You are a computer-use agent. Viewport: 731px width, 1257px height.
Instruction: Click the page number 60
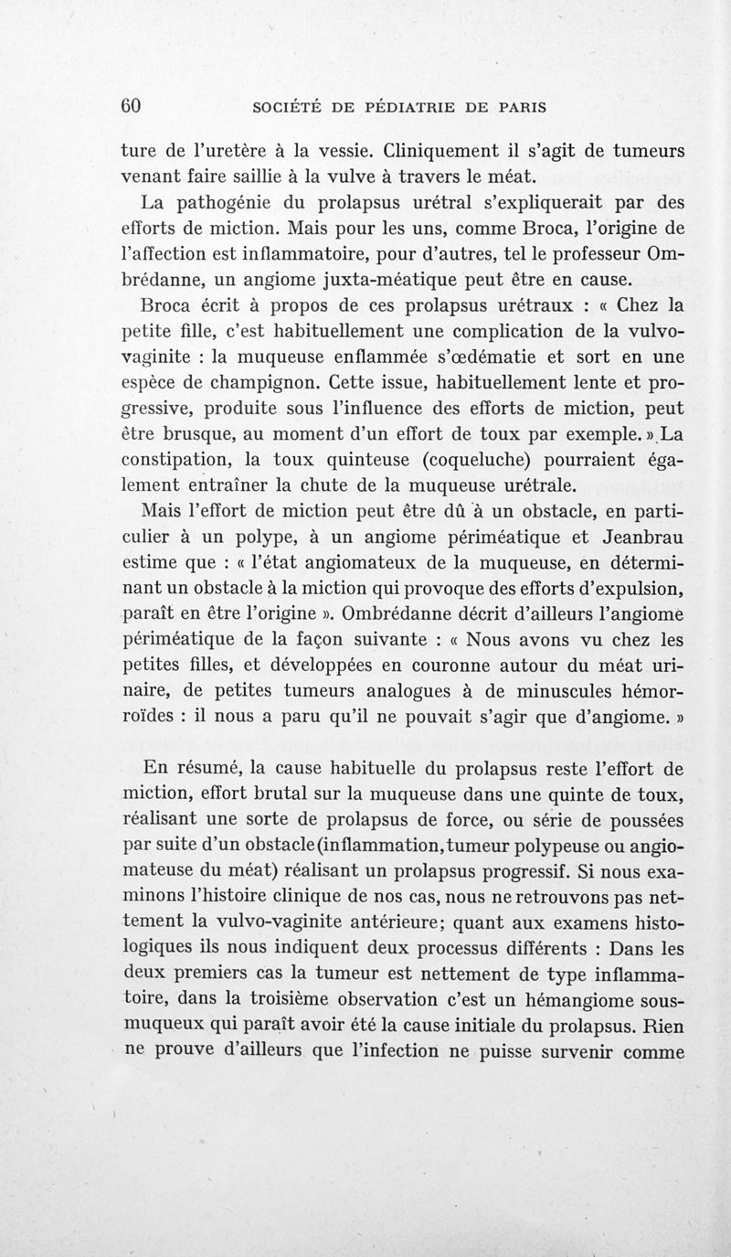(x=136, y=106)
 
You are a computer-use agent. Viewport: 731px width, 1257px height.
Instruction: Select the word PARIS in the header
(x=516, y=107)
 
